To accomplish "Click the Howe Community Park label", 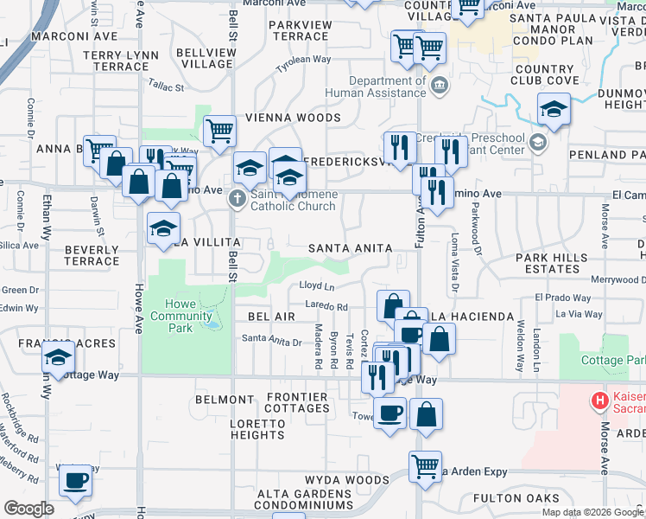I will click(x=180, y=316).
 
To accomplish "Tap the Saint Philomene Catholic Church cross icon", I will click(x=237, y=200).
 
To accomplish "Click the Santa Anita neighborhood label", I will click(x=351, y=248).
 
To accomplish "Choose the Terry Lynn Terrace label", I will click(x=121, y=61).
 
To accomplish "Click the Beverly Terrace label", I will click(x=91, y=254).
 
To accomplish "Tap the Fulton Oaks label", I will click(x=517, y=498).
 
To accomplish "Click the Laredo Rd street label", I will click(x=326, y=306).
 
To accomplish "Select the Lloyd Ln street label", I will click(x=316, y=285).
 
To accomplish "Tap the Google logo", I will click(x=28, y=509).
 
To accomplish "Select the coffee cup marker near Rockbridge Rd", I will click(x=75, y=479).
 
